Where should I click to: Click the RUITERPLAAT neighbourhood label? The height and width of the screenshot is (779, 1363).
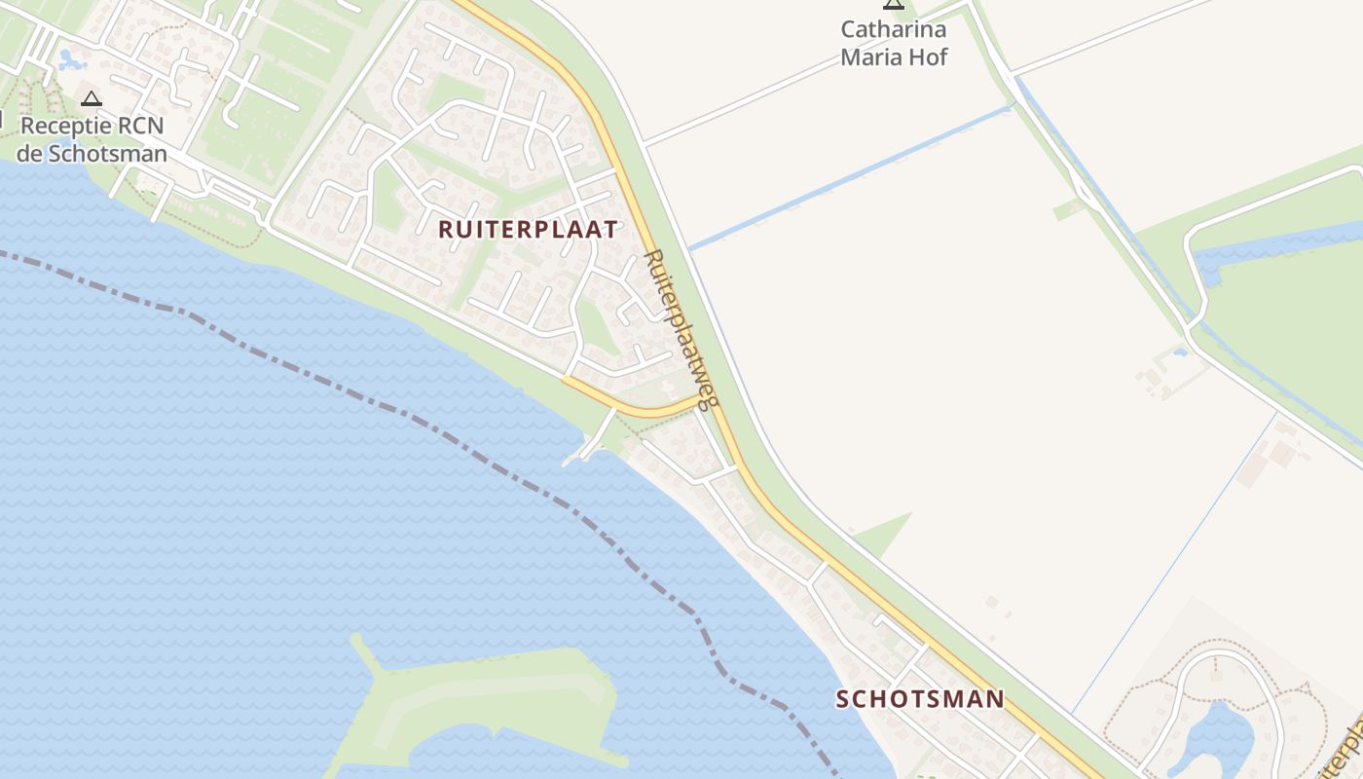click(x=528, y=230)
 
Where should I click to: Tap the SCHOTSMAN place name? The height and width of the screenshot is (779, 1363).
click(x=920, y=699)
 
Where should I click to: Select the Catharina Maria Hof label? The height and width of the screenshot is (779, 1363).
click(x=894, y=43)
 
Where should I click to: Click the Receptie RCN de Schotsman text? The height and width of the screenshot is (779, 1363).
click(x=92, y=139)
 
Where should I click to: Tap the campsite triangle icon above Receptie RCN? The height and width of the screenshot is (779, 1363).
click(x=92, y=98)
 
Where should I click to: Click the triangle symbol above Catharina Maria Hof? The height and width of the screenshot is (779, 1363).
click(x=894, y=5)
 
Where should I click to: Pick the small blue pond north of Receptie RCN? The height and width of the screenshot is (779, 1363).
click(x=70, y=61)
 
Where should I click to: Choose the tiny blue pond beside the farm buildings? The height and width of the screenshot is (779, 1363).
click(x=1181, y=352)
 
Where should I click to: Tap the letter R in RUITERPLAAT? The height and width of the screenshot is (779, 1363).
click(x=446, y=230)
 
